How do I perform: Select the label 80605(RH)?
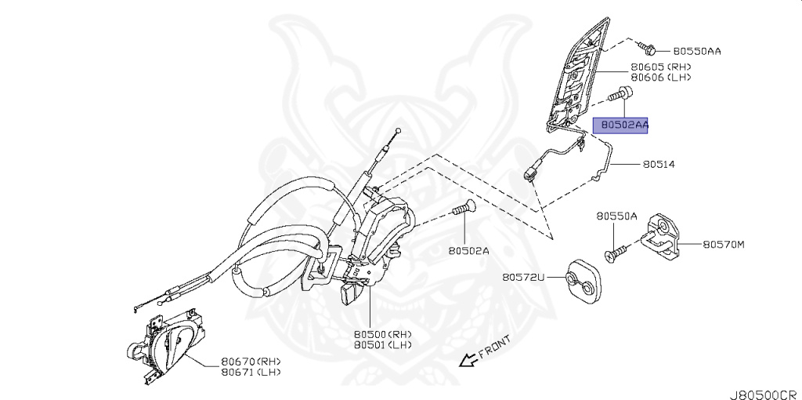[x=661, y=68]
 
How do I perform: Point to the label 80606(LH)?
[x=661, y=78]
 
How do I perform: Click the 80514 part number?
[x=659, y=165]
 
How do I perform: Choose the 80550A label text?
[x=616, y=216]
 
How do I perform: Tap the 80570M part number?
[x=723, y=244]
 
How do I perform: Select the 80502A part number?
[x=468, y=251]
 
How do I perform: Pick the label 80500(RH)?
[x=382, y=333]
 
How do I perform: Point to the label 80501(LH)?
[x=382, y=344]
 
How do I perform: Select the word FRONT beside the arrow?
[x=494, y=347]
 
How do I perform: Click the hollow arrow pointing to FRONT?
[x=468, y=360]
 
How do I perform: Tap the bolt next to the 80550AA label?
[x=648, y=49]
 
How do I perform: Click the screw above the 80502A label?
[x=464, y=209]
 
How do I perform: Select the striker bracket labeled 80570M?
[x=663, y=236]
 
